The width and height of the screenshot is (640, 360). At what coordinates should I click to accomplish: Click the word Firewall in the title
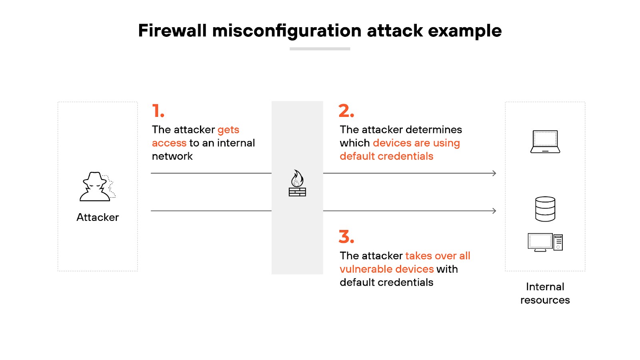point(172,31)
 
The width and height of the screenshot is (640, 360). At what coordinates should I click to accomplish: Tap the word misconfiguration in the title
point(287,31)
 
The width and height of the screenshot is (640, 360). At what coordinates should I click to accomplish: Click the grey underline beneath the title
point(320,49)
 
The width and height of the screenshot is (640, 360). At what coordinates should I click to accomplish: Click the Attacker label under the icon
point(98,217)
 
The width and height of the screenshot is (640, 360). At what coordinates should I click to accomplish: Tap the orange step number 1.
point(158,111)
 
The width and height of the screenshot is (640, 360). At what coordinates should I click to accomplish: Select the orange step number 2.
point(346,111)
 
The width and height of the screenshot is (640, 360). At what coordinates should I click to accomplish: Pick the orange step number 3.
point(346,237)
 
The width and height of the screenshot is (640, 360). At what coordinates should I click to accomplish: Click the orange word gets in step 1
point(228,130)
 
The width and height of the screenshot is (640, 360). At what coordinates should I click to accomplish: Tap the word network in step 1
point(172,156)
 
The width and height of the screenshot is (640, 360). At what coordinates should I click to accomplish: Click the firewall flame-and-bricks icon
point(297,183)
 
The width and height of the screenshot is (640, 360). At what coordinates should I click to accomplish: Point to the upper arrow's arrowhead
point(494,173)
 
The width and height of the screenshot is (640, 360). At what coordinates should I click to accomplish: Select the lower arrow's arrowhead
point(494,211)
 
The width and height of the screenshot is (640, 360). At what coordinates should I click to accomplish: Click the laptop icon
point(545,142)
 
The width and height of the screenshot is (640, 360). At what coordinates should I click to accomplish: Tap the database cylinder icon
point(545,209)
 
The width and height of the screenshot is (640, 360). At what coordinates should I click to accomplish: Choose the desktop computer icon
point(545,242)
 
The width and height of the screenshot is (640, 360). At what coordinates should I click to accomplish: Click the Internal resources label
point(545,293)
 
